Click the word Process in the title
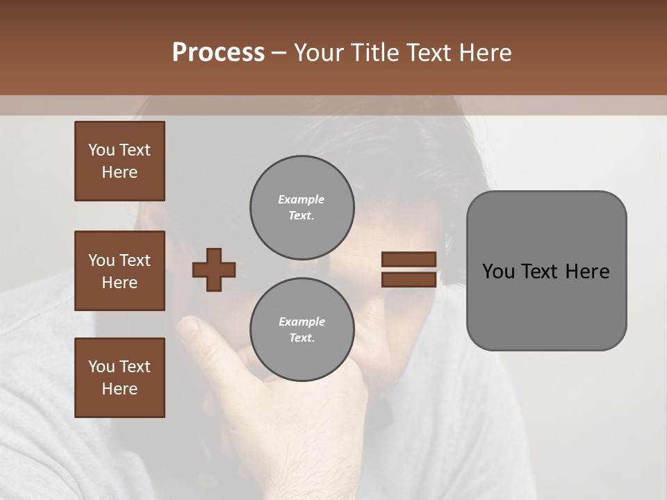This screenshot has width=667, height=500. [218, 53]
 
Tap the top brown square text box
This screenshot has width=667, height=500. [120, 161]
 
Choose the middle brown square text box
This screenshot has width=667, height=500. [120, 271]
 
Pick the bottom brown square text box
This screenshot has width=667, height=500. [120, 378]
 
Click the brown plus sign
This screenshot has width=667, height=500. [214, 269]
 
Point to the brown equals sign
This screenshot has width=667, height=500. [409, 269]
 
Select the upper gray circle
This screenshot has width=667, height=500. [302, 207]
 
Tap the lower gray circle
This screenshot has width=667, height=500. [302, 329]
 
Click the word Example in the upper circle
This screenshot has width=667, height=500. [302, 199]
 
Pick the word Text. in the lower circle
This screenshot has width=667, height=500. [302, 338]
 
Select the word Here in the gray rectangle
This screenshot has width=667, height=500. [587, 272]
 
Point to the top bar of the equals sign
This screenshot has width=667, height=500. [409, 260]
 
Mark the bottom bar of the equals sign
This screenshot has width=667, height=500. [409, 280]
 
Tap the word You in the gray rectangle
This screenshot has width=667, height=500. [497, 272]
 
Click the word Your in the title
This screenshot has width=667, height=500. [319, 53]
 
